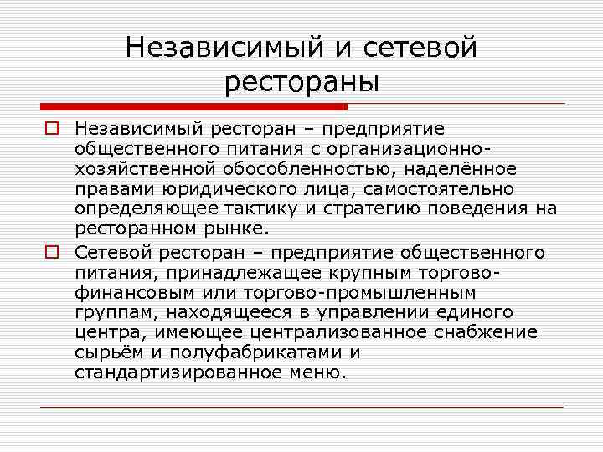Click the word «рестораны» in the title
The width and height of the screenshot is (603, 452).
coord(301,81)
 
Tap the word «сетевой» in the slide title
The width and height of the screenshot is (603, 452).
coord(421,48)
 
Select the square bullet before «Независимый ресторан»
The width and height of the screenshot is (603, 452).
coord(51,128)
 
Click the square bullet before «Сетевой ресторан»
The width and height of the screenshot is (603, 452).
coord(51,252)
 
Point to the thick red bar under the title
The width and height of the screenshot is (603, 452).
coord(193,107)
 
